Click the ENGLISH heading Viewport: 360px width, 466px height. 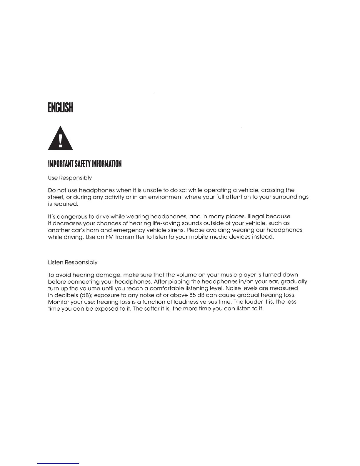point(60,107)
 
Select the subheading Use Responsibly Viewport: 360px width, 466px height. point(70,178)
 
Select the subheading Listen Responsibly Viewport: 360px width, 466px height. point(72,262)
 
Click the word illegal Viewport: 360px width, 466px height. point(255,217)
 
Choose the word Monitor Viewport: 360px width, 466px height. point(58,302)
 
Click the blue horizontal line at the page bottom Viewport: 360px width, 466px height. point(59,463)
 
